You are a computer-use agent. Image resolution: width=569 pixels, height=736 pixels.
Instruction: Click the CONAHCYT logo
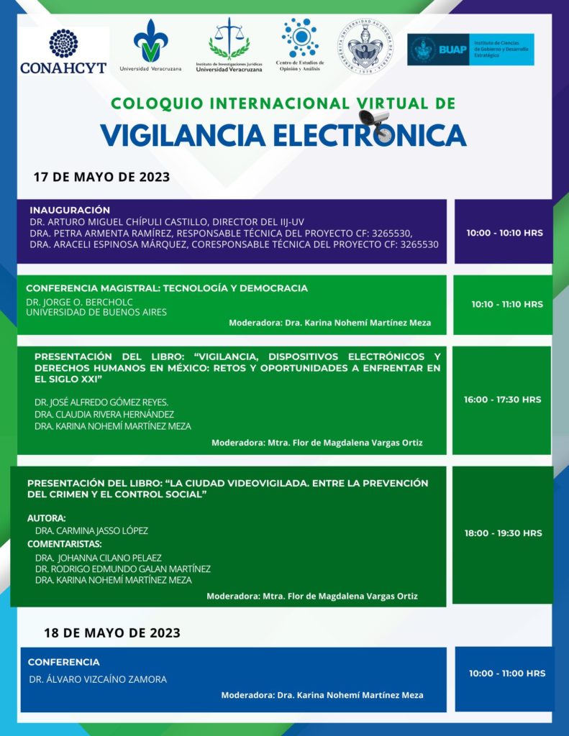(63, 51)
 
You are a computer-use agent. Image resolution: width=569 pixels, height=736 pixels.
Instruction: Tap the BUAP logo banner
(470, 50)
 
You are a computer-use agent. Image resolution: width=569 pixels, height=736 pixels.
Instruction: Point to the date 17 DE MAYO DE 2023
(101, 178)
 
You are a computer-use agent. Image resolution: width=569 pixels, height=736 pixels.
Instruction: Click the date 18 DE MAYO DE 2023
(111, 633)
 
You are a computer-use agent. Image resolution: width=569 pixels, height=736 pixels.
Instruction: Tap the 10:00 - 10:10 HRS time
(504, 233)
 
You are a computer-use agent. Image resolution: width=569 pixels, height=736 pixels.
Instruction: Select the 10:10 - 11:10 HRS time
(506, 304)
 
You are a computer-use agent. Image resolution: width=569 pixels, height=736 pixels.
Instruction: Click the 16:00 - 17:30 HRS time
(502, 400)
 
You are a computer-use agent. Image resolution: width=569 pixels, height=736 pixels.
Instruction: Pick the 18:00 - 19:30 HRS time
(503, 533)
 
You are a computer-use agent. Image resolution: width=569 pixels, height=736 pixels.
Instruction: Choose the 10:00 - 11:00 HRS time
(506, 673)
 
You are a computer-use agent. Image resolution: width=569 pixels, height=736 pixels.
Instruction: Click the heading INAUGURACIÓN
(70, 210)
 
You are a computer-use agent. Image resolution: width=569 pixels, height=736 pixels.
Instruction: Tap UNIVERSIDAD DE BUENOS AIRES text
(96, 312)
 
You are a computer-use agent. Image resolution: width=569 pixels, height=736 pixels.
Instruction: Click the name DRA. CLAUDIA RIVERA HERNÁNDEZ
(104, 414)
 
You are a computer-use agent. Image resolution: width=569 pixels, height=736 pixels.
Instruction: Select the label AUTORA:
(46, 517)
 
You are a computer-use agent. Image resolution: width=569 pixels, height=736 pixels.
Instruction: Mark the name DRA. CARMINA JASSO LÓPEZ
(91, 530)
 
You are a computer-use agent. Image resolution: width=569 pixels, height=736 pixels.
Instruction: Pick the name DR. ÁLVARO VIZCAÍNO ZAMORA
(97, 679)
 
